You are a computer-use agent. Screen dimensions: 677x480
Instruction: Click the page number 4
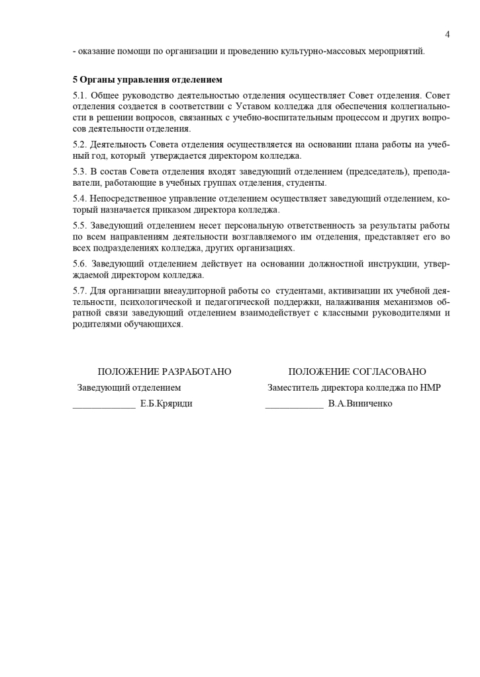[x=448, y=34]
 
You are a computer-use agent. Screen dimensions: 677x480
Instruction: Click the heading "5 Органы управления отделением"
[x=148, y=79]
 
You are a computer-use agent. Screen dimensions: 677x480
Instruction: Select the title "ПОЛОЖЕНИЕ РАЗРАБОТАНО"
[x=164, y=372]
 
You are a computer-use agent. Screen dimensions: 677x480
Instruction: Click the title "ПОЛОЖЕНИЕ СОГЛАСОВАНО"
[x=357, y=372]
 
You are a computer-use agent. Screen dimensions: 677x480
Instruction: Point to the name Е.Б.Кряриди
[x=166, y=403]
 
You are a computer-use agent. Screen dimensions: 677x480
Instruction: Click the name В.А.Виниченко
[x=360, y=403]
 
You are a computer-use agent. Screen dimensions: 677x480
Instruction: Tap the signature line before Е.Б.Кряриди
[x=103, y=406]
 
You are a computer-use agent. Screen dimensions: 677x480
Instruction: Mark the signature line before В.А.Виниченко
[x=294, y=406]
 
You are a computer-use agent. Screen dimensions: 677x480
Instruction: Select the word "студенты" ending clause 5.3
[x=307, y=183]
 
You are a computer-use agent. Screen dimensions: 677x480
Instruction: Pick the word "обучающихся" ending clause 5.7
[x=154, y=324]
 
